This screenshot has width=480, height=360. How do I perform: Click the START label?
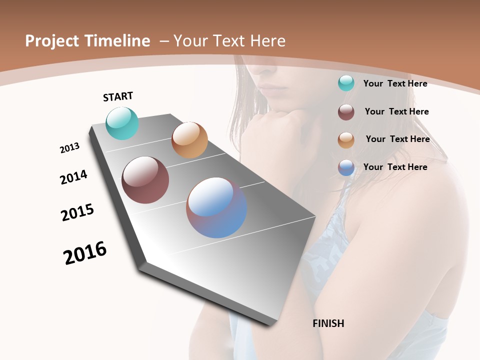coord(118,96)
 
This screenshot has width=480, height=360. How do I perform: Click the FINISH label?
coord(328,323)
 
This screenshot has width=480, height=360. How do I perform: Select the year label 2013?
coord(69,148)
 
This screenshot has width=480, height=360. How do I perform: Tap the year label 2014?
coord(73,177)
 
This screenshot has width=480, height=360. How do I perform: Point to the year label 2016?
coord(85,253)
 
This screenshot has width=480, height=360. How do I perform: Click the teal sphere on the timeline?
coord(122,123)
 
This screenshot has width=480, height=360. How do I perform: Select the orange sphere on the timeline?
coord(189,140)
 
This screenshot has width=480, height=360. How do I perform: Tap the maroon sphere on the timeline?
coord(145,180)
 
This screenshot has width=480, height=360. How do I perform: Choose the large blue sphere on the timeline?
coord(216,207)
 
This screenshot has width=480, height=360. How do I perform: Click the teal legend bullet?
coord(346,83)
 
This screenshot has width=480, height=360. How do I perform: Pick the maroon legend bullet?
coord(346,112)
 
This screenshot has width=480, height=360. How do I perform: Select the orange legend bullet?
coord(346,140)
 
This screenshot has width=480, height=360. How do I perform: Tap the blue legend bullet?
coord(346,167)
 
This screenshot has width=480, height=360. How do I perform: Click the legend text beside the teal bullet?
coord(395,83)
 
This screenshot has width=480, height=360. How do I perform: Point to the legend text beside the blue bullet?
coord(395,167)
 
